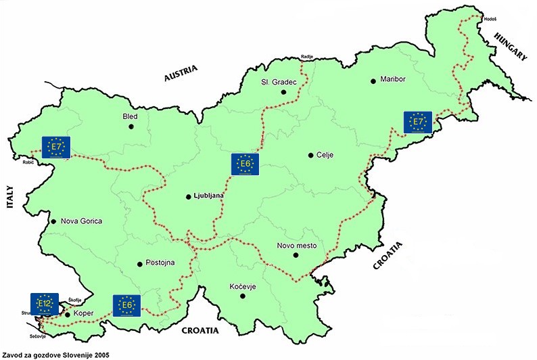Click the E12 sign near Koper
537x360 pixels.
(x=45, y=303)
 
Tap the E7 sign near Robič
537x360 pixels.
(x=56, y=147)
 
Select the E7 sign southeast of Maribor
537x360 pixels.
(x=417, y=122)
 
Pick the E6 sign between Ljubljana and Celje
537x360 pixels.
(x=245, y=164)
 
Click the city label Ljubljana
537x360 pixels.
(x=208, y=197)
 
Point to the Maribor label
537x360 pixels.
(x=393, y=79)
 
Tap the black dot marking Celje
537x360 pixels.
(x=310, y=155)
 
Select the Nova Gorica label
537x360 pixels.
(x=80, y=221)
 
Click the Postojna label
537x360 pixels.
(x=160, y=263)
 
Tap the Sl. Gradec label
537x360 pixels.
(x=278, y=83)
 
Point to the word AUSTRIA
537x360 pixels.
(x=181, y=74)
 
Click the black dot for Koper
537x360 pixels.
(x=67, y=314)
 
